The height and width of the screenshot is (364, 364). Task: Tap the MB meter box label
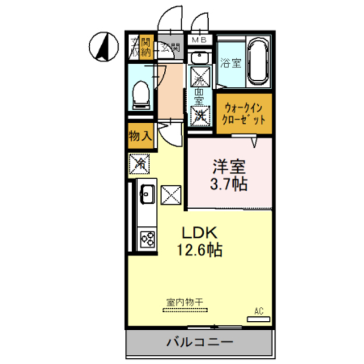[198, 39]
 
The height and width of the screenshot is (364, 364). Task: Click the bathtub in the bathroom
[258, 63]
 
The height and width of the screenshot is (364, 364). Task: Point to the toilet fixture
[140, 94]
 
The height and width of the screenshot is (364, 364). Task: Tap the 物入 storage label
[140, 136]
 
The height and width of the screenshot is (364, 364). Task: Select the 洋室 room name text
[229, 167]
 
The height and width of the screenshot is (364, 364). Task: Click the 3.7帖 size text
[229, 184]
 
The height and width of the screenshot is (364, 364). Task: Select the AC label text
[259, 311]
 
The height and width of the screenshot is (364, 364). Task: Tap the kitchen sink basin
[145, 195]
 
